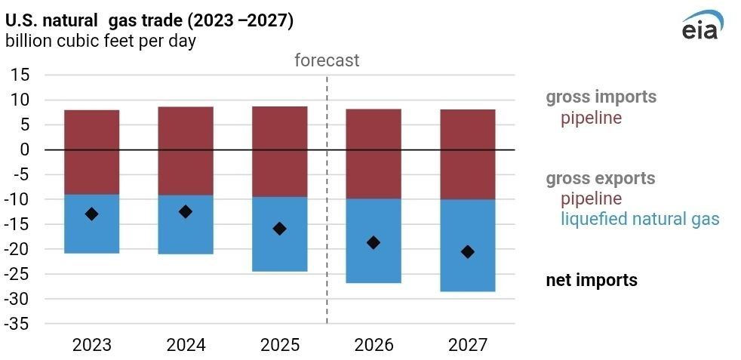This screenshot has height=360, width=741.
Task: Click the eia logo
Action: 701,26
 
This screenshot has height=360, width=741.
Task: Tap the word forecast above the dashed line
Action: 327,60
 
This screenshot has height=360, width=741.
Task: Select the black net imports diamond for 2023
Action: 91,214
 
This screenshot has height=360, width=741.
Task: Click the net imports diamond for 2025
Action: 279,229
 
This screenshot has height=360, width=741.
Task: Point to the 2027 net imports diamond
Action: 468,252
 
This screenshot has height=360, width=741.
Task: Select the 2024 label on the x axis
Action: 186,345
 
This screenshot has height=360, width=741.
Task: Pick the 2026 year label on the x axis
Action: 374,345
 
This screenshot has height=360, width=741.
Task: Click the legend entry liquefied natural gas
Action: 640,220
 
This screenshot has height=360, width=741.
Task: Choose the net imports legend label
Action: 592,280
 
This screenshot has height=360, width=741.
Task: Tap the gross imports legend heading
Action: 601,97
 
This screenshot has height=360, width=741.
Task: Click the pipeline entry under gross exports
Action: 591,199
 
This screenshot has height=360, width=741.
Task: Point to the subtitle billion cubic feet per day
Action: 100,42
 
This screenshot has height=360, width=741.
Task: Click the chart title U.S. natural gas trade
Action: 149,21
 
